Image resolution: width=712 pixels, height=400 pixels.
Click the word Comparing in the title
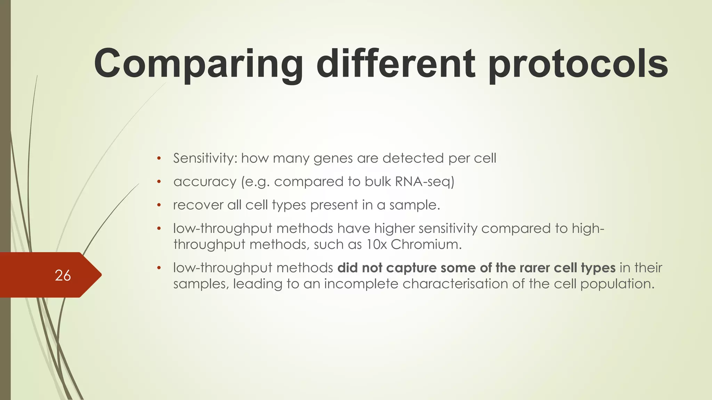198,64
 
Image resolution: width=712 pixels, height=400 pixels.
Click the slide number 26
63,275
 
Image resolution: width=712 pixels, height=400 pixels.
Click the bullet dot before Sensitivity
159,159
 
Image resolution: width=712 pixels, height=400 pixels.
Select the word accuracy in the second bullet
205,182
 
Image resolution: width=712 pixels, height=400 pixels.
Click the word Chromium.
426,244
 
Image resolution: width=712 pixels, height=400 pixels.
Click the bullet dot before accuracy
159,182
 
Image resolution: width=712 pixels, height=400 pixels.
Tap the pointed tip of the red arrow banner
101,275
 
